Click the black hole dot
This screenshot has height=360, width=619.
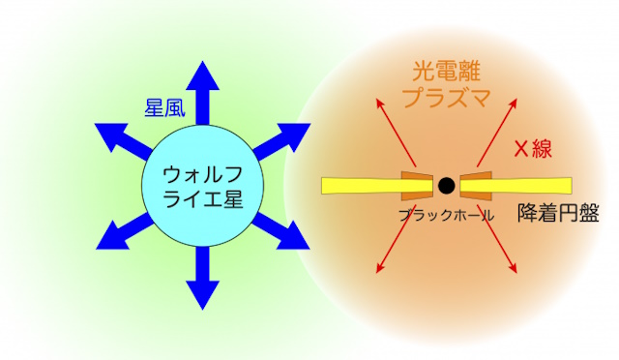(x=445, y=184)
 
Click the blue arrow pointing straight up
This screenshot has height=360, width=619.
(x=200, y=92)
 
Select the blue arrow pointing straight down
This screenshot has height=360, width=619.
(x=200, y=281)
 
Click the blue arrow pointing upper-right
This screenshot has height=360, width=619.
(x=281, y=139)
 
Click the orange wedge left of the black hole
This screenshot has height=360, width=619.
(x=415, y=184)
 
